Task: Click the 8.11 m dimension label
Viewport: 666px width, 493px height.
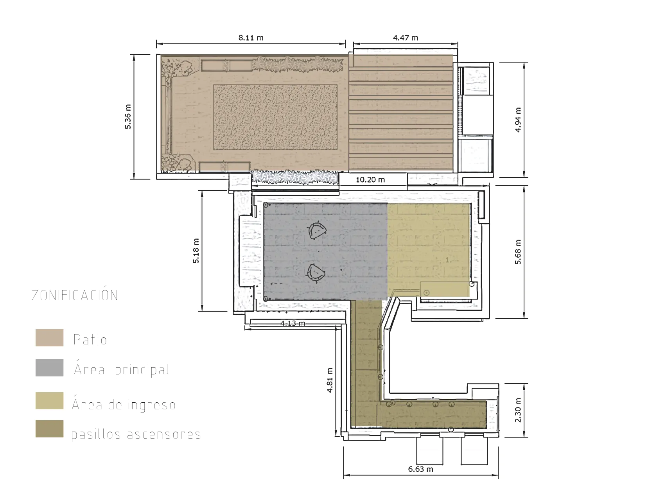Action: (x=251, y=38)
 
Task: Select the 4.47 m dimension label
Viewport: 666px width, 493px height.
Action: (x=406, y=38)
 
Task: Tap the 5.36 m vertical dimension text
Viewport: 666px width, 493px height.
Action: (x=128, y=117)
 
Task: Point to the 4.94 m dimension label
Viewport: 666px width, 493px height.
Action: (x=519, y=120)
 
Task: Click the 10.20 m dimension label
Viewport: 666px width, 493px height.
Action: (x=370, y=180)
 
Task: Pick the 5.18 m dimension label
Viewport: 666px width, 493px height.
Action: (x=196, y=251)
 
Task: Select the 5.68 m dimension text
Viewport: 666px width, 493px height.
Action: (x=519, y=252)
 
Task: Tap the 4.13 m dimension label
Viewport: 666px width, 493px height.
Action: (x=293, y=323)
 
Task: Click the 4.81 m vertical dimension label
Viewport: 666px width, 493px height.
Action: (x=330, y=380)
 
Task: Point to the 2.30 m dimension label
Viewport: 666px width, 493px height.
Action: (x=519, y=410)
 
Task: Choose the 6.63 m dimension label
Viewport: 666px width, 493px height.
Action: (x=421, y=469)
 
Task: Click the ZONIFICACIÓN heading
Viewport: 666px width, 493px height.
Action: (x=75, y=295)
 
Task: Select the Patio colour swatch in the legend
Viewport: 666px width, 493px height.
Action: (x=49, y=338)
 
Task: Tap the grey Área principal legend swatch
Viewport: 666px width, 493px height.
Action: (x=49, y=368)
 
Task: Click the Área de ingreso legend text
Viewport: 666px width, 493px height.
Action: (x=124, y=404)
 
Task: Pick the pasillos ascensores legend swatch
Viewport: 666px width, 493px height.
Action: (x=49, y=428)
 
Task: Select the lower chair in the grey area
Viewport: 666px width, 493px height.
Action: (x=316, y=272)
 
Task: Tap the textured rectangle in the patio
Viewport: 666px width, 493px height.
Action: (x=275, y=118)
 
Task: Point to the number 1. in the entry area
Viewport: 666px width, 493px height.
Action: (x=448, y=260)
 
